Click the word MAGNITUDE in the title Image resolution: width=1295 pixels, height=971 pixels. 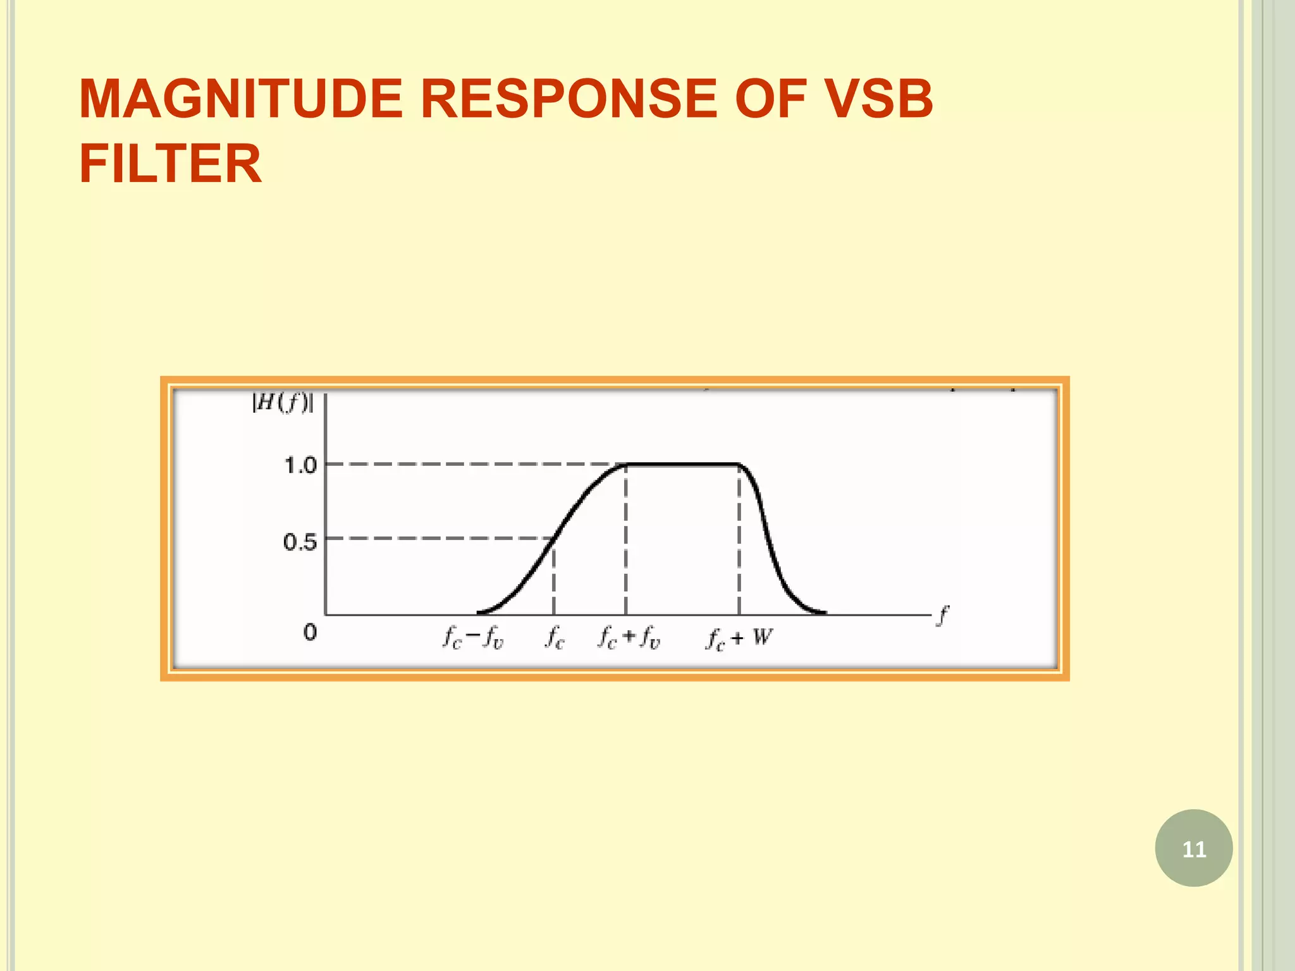coord(241,99)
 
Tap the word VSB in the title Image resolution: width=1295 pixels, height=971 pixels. coord(880,99)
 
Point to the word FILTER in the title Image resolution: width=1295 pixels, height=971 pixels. coord(170,163)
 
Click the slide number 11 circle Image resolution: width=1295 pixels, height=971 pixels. coord(1193,848)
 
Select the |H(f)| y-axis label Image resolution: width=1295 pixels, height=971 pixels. coord(282,403)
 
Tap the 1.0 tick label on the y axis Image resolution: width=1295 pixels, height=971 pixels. coord(300,466)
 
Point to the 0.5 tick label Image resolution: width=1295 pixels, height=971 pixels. coord(300,542)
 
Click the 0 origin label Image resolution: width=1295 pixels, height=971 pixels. coord(310,632)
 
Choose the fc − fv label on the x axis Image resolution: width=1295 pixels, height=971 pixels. coord(473,637)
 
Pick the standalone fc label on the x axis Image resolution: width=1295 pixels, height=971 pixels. coord(555,637)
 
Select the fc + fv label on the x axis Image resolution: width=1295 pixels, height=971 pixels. coord(629,637)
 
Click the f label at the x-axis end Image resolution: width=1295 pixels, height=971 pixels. coord(943,615)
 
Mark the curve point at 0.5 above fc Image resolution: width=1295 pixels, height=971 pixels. coord(554,538)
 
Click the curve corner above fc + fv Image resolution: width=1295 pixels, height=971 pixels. coord(625,465)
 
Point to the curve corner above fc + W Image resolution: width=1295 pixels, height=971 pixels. coord(739,465)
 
